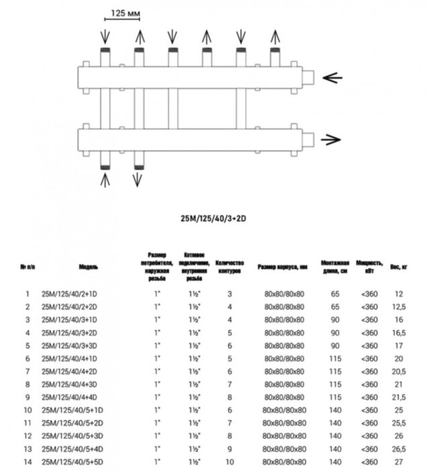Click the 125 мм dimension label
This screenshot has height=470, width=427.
(x=122, y=14)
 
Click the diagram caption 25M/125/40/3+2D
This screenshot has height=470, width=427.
(x=213, y=218)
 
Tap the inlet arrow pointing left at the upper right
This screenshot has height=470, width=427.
(x=332, y=77)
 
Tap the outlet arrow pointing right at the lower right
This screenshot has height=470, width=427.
(x=330, y=140)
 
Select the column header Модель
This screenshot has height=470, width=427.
(x=88, y=267)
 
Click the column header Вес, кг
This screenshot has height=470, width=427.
(x=399, y=267)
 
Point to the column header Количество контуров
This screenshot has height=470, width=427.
(x=230, y=267)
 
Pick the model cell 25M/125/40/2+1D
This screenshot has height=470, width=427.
(x=70, y=294)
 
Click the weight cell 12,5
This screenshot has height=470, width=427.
(x=399, y=307)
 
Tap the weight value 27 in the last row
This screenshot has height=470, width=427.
(x=399, y=461)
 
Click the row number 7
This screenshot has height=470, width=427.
(x=28, y=371)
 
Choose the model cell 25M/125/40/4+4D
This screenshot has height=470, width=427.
(x=70, y=397)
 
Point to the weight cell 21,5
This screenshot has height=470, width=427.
(x=399, y=397)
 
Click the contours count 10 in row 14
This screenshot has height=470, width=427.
(x=230, y=461)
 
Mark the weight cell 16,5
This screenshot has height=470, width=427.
(x=399, y=332)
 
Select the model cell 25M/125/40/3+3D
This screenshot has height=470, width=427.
(x=70, y=345)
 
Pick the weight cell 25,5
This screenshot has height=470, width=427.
(x=399, y=423)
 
